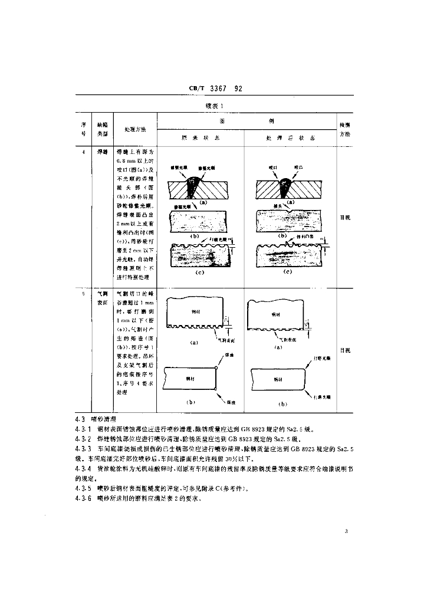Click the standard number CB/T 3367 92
pyautogui.click(x=216, y=88)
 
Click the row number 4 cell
pyautogui.click(x=83, y=152)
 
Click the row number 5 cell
pyautogui.click(x=83, y=293)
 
